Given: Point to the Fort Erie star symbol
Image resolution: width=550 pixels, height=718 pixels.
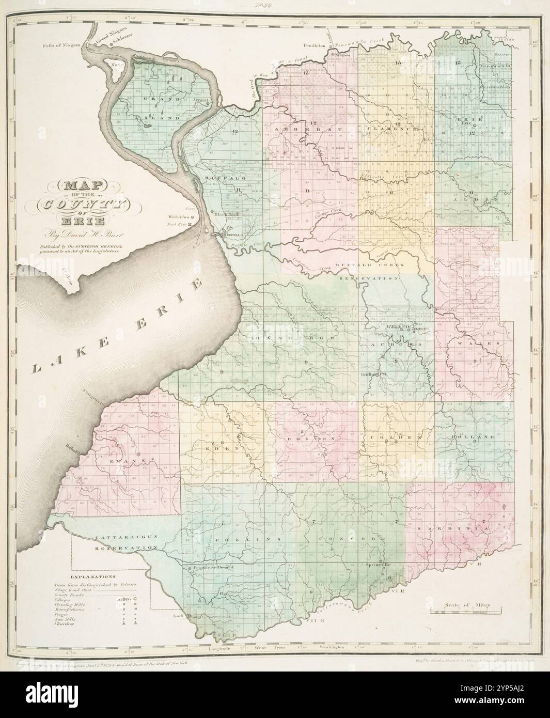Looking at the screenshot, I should pos(190,225).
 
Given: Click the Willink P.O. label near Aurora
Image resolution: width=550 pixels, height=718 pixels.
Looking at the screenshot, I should pos(398,327).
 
